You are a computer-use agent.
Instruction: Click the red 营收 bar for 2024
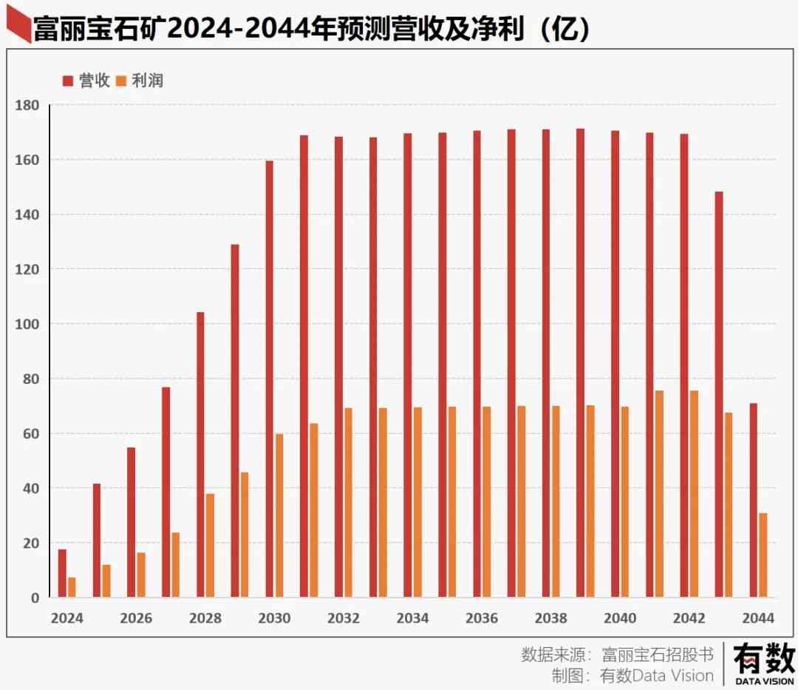tap(62, 573)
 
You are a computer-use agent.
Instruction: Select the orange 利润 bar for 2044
tap(763, 555)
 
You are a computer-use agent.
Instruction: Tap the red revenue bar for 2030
tap(269, 379)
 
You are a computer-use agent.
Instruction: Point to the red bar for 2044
tap(753, 500)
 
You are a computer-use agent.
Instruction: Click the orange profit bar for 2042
tap(694, 493)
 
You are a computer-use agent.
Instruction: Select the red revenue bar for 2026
tap(131, 522)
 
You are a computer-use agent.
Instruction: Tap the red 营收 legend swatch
tap(67, 81)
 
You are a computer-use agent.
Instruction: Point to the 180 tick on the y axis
tap(27, 105)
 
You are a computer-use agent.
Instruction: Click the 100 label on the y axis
tap(27, 324)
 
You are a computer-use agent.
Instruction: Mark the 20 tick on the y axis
tap(30, 543)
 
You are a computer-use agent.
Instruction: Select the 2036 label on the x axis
tap(482, 618)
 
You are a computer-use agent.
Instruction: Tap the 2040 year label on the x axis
tap(620, 618)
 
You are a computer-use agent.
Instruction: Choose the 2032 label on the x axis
tap(344, 618)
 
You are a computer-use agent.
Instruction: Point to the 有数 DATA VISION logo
tap(763, 663)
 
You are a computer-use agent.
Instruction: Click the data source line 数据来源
tap(617, 655)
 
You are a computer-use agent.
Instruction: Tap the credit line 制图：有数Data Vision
tap(632, 675)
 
